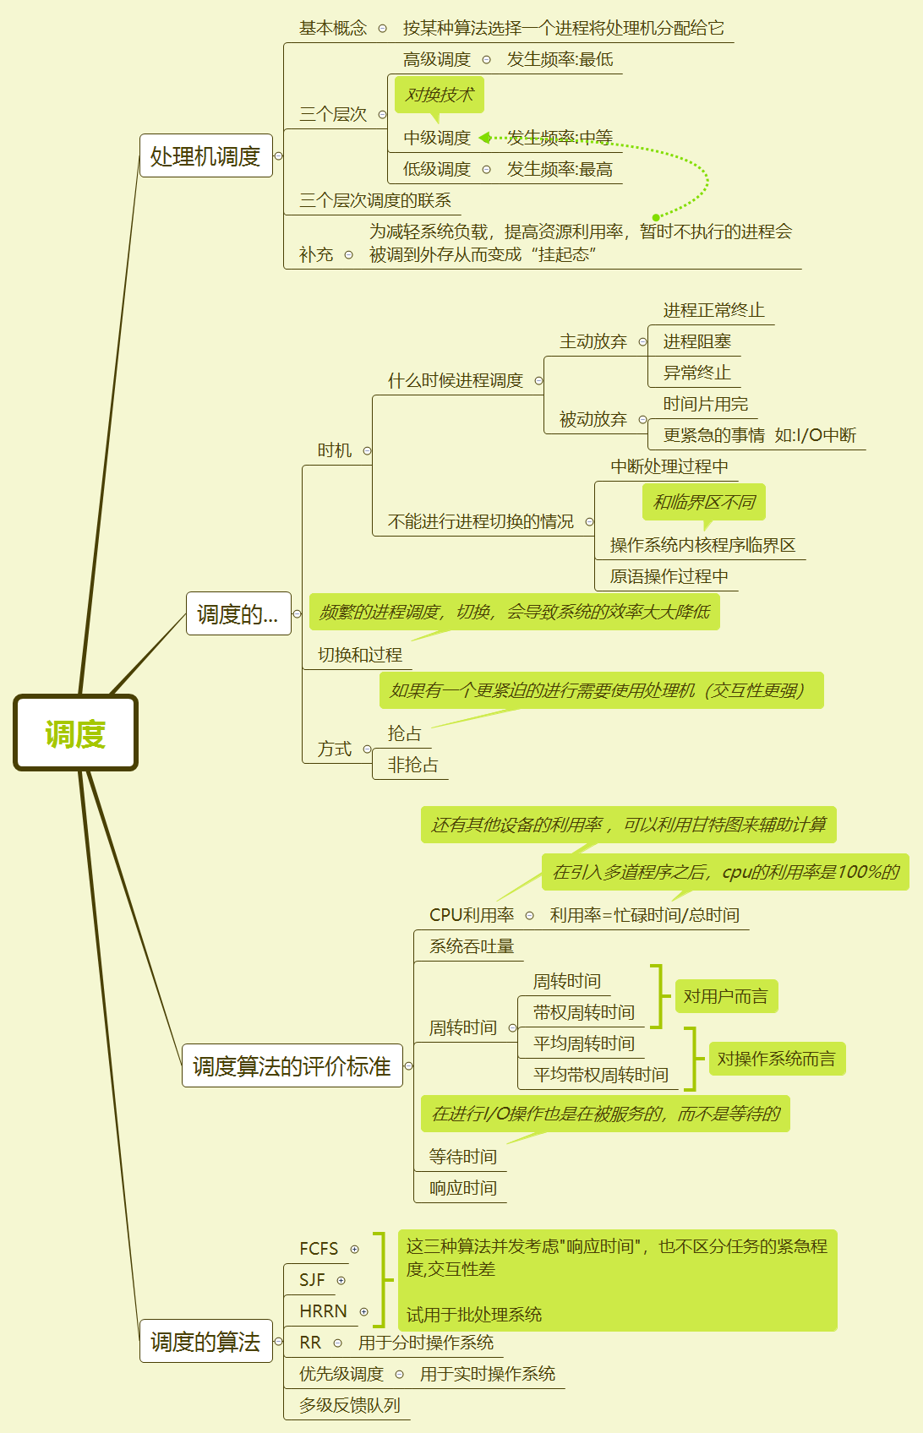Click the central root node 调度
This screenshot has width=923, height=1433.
(75, 733)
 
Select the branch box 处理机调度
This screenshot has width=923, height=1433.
(205, 156)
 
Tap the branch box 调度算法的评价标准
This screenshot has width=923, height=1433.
(292, 1066)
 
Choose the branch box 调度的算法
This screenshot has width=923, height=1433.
(205, 1341)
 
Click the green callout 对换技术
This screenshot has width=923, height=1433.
(440, 95)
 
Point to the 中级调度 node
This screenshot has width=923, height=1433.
(436, 138)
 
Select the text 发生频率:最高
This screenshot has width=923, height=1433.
(560, 169)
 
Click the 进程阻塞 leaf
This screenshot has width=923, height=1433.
(696, 341)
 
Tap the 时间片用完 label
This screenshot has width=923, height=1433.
(705, 404)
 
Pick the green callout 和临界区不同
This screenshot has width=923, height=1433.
(704, 502)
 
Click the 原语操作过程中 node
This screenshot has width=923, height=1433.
(669, 576)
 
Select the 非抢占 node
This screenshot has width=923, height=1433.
(412, 765)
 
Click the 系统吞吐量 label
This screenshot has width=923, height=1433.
(472, 946)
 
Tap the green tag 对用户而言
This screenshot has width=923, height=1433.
(725, 996)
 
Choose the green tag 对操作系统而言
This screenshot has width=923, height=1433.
(776, 1059)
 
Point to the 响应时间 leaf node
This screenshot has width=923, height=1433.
(462, 1188)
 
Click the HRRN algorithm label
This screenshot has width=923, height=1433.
(323, 1311)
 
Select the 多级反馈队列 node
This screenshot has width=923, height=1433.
(349, 1405)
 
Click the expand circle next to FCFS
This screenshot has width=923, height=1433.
(355, 1249)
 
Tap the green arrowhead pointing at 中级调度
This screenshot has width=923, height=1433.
(484, 138)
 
